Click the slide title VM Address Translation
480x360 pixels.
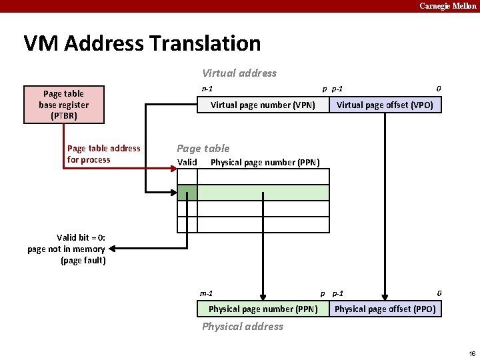[x=142, y=43]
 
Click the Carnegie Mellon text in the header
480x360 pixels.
[x=447, y=6]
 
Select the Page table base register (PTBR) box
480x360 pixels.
[x=64, y=105]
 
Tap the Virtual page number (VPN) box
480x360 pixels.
[x=263, y=105]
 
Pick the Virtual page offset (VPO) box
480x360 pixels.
[x=385, y=105]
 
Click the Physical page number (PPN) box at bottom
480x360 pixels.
[x=263, y=309]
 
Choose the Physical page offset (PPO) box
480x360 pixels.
[x=385, y=309]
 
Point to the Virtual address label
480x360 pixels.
[x=239, y=73]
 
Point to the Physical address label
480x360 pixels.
[x=243, y=327]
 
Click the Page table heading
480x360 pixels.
[x=203, y=149]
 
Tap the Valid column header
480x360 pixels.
[x=187, y=163]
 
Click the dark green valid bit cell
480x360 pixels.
[x=187, y=193]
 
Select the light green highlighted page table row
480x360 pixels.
[x=263, y=193]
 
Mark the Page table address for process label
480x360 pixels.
[x=103, y=154]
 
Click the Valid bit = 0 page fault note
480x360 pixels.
[x=67, y=249]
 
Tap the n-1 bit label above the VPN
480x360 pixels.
[x=207, y=89]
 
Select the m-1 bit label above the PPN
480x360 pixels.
[x=207, y=293]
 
